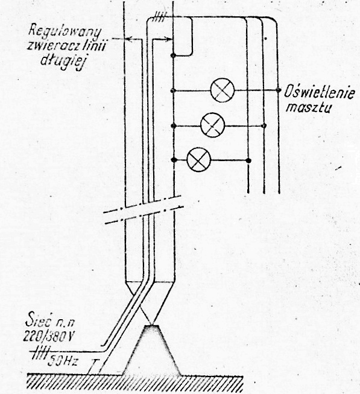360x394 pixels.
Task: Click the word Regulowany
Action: pyautogui.click(x=65, y=32)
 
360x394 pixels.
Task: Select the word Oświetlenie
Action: pyautogui.click(x=320, y=92)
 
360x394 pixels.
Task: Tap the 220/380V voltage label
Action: pyautogui.click(x=48, y=335)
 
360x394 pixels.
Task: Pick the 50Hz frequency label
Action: pyautogui.click(x=63, y=361)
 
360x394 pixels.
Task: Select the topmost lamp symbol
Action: pyautogui.click(x=223, y=90)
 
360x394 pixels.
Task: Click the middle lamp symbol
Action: pyautogui.click(x=212, y=125)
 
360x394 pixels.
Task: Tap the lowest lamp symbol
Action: pyautogui.click(x=199, y=159)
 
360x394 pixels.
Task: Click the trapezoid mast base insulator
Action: pyautogui.click(x=151, y=350)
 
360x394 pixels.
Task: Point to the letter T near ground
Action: pyautogui.click(x=95, y=363)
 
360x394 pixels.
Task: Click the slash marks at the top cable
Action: pyautogui.click(x=159, y=16)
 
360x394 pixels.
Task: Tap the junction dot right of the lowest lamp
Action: pyautogui.click(x=248, y=160)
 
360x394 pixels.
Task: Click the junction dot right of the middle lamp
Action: pyautogui.click(x=264, y=126)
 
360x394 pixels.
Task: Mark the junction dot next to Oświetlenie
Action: pyautogui.click(x=278, y=90)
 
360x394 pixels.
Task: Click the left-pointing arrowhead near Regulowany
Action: pyautogui.click(x=128, y=39)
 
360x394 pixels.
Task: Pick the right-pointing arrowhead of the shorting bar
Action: pyautogui.click(x=168, y=39)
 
